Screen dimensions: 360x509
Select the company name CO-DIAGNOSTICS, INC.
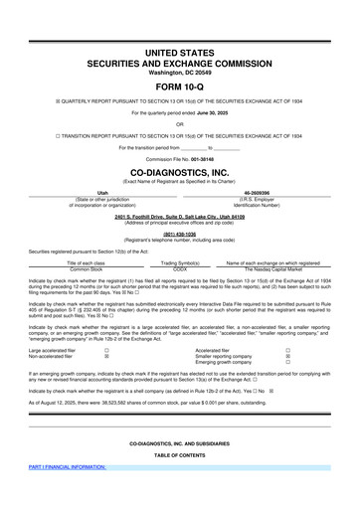(180, 172)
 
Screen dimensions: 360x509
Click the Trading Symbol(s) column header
(180, 262)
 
